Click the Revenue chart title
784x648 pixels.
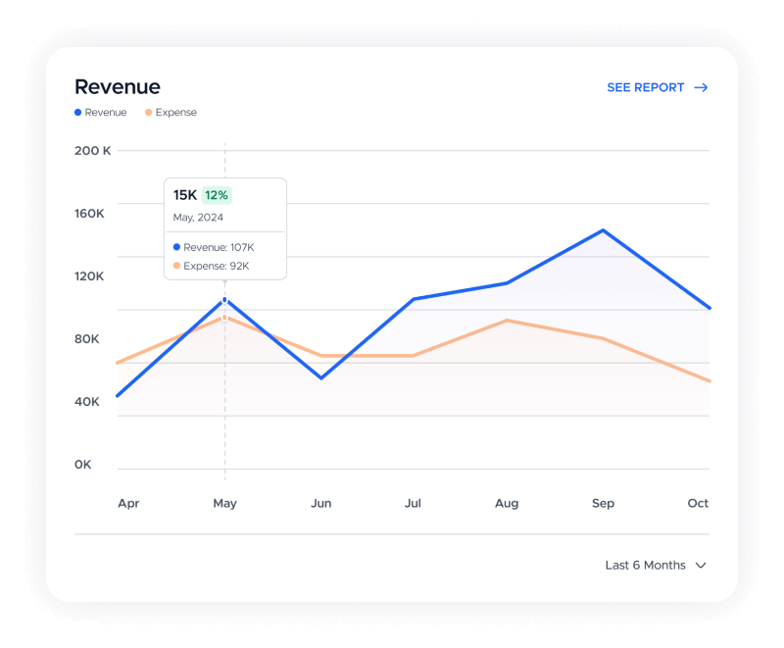(x=118, y=87)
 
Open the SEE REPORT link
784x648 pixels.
(x=657, y=87)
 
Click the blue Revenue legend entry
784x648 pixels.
(x=101, y=113)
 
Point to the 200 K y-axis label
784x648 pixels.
(x=93, y=150)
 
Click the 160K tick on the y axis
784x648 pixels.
(x=89, y=213)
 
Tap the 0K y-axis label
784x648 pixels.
(x=83, y=464)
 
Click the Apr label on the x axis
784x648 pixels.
(x=128, y=503)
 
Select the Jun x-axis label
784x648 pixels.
(x=320, y=503)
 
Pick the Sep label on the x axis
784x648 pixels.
(x=603, y=503)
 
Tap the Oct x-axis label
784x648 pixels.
(x=698, y=503)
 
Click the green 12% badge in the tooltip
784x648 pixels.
(x=217, y=195)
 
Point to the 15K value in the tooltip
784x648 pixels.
(x=185, y=195)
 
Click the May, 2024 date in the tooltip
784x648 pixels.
(x=198, y=217)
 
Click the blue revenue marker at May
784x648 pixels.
(x=224, y=299)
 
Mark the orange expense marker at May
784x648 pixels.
(x=224, y=317)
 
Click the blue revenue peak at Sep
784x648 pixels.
(x=603, y=230)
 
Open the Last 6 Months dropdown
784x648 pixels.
(x=656, y=565)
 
